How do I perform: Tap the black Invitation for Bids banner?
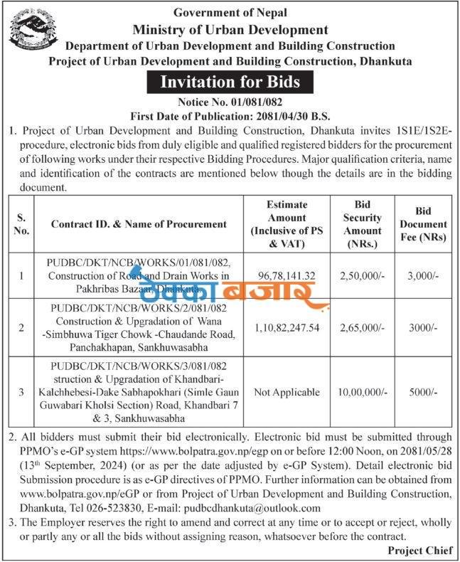pos(230,82)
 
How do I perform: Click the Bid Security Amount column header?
pos(363,223)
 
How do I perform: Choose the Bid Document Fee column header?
pos(423,223)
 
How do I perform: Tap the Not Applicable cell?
pos(287,393)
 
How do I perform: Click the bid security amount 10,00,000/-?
pos(363,393)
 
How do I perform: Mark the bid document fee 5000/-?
pos(423,393)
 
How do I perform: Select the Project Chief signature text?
pos(420,551)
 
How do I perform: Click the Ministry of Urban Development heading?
pos(230,30)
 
